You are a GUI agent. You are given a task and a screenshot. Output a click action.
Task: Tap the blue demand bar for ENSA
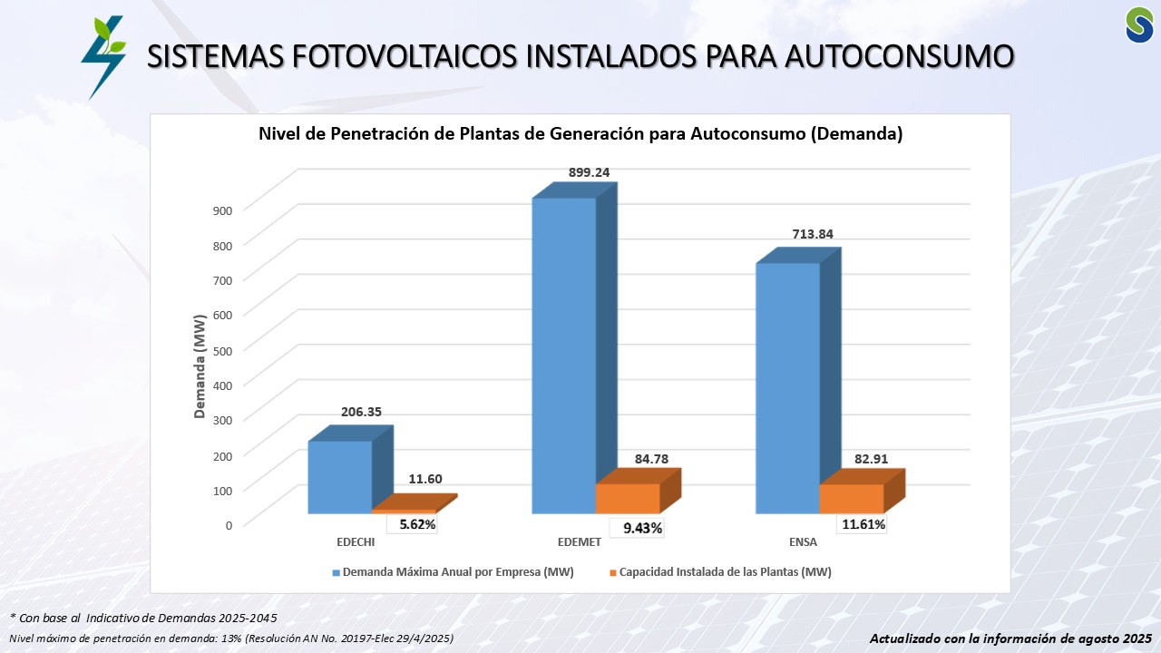(x=787, y=387)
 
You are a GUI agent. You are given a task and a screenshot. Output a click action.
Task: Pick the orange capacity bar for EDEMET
(x=628, y=498)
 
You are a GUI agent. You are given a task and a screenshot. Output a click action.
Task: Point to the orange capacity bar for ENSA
(x=852, y=498)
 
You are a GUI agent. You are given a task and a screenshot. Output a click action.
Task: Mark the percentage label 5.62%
(x=417, y=524)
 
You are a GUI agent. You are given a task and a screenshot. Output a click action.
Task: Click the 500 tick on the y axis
(x=223, y=349)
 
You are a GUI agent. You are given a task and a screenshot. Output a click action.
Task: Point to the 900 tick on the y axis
(x=223, y=210)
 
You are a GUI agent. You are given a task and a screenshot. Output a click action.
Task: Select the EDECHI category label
(x=356, y=542)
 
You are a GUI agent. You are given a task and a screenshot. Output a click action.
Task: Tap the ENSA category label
(x=803, y=542)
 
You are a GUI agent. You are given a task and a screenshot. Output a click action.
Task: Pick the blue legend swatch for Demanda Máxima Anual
(x=336, y=573)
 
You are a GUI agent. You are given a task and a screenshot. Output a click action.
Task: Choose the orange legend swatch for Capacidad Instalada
(x=613, y=573)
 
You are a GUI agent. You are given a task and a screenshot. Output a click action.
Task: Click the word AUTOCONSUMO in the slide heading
(x=898, y=56)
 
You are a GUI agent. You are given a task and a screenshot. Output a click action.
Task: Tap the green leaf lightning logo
(x=102, y=56)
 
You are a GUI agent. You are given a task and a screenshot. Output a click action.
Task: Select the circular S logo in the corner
(x=1139, y=24)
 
